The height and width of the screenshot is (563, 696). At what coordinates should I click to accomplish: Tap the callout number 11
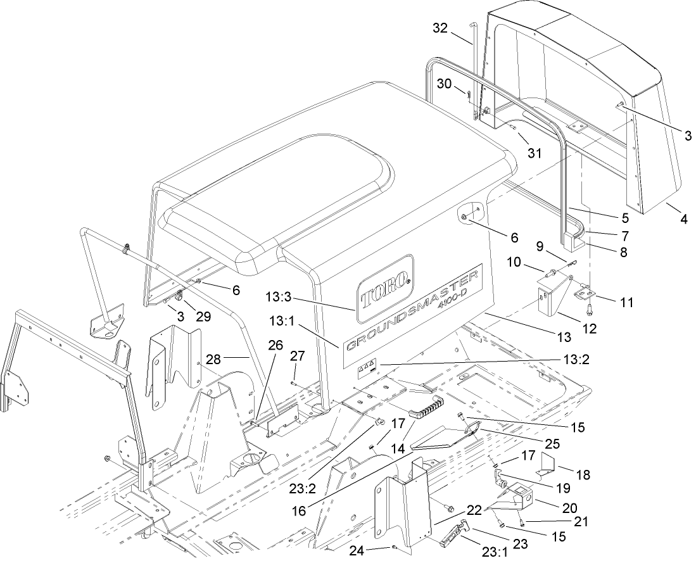(626, 303)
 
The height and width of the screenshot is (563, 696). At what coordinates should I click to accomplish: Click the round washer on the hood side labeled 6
(465, 217)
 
